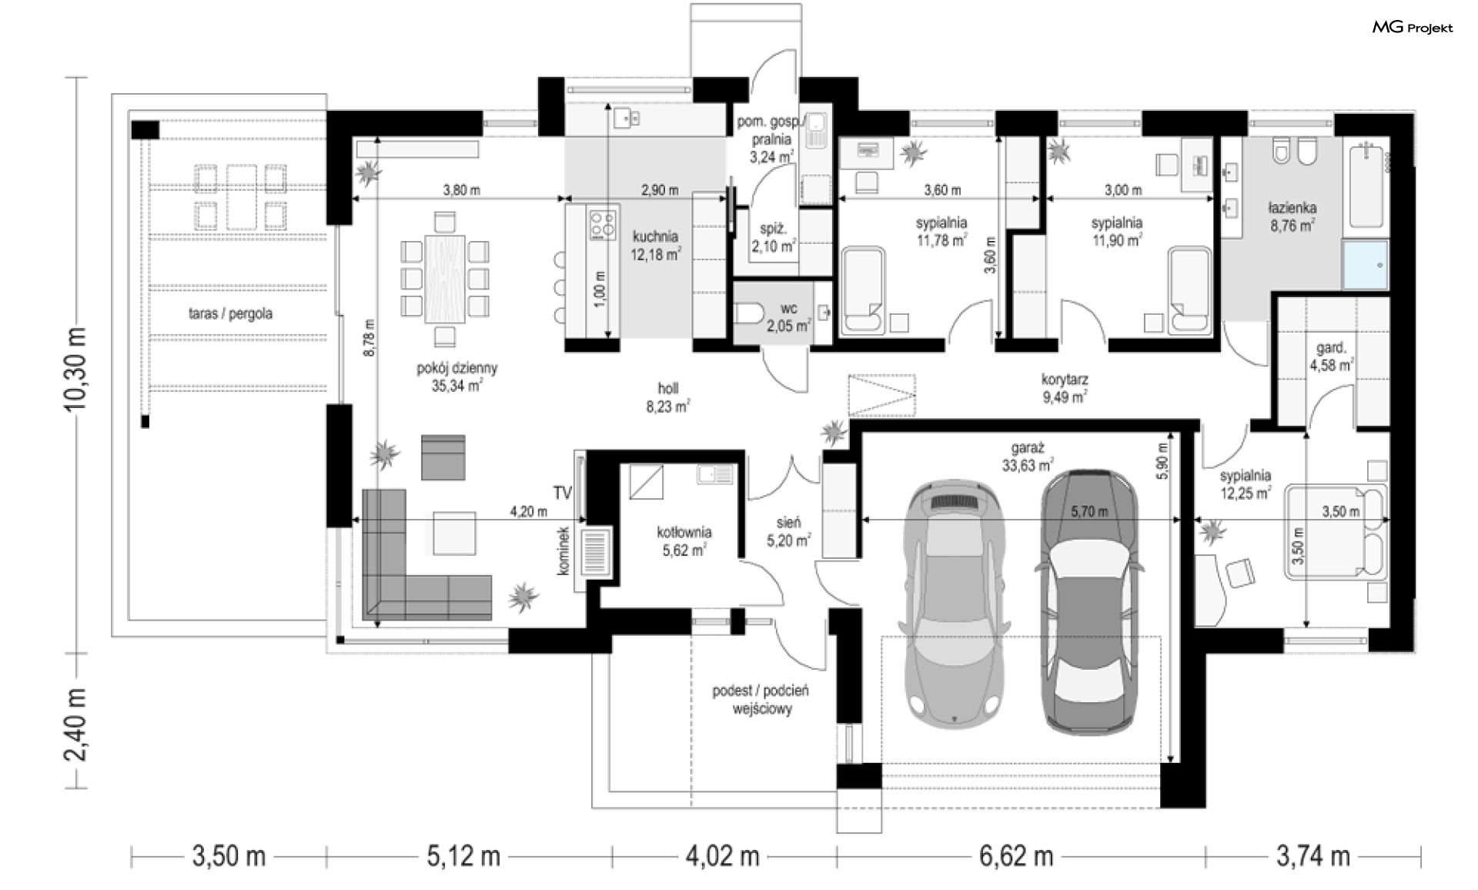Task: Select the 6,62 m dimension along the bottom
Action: point(1016,856)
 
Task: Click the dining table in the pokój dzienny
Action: point(446,279)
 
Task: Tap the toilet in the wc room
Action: point(748,314)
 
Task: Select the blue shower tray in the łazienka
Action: point(1366,265)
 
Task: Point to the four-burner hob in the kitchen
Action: point(604,224)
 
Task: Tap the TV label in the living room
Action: point(562,493)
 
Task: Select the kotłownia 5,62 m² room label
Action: point(684,541)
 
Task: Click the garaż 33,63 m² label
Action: point(1028,457)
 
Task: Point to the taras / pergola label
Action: point(230,314)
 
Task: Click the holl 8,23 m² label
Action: point(667,398)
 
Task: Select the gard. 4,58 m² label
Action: point(1331,357)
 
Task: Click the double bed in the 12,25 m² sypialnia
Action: point(1335,530)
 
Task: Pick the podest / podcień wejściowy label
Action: point(761,700)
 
